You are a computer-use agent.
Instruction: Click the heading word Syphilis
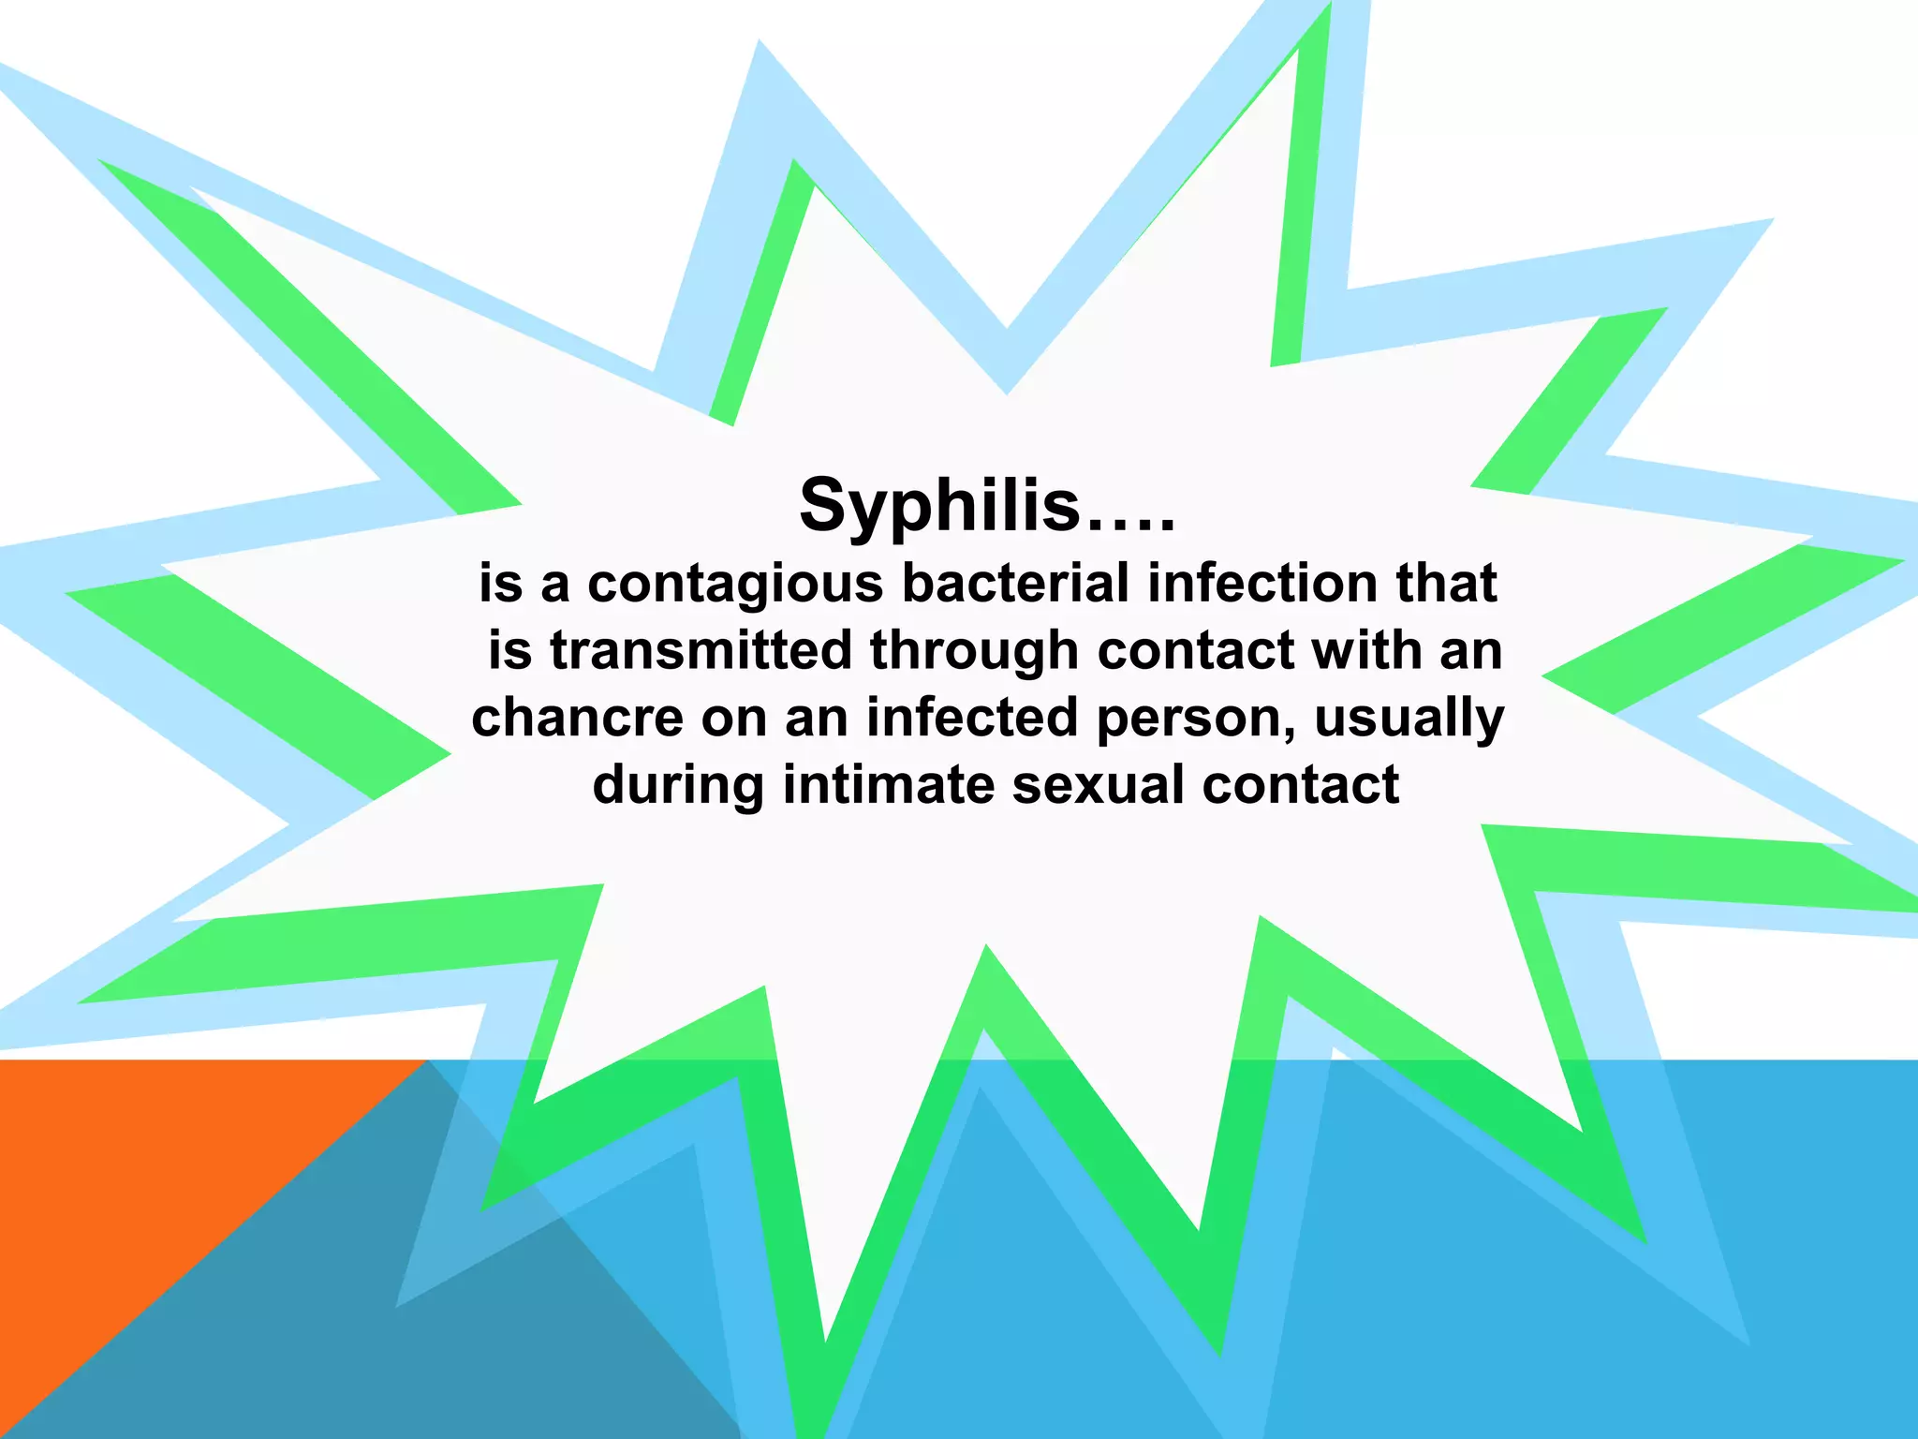click(939, 506)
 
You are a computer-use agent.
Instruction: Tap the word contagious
click(735, 584)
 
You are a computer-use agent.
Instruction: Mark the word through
click(974, 651)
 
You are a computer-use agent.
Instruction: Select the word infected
click(973, 718)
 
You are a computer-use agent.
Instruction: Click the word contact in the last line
click(1301, 785)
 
